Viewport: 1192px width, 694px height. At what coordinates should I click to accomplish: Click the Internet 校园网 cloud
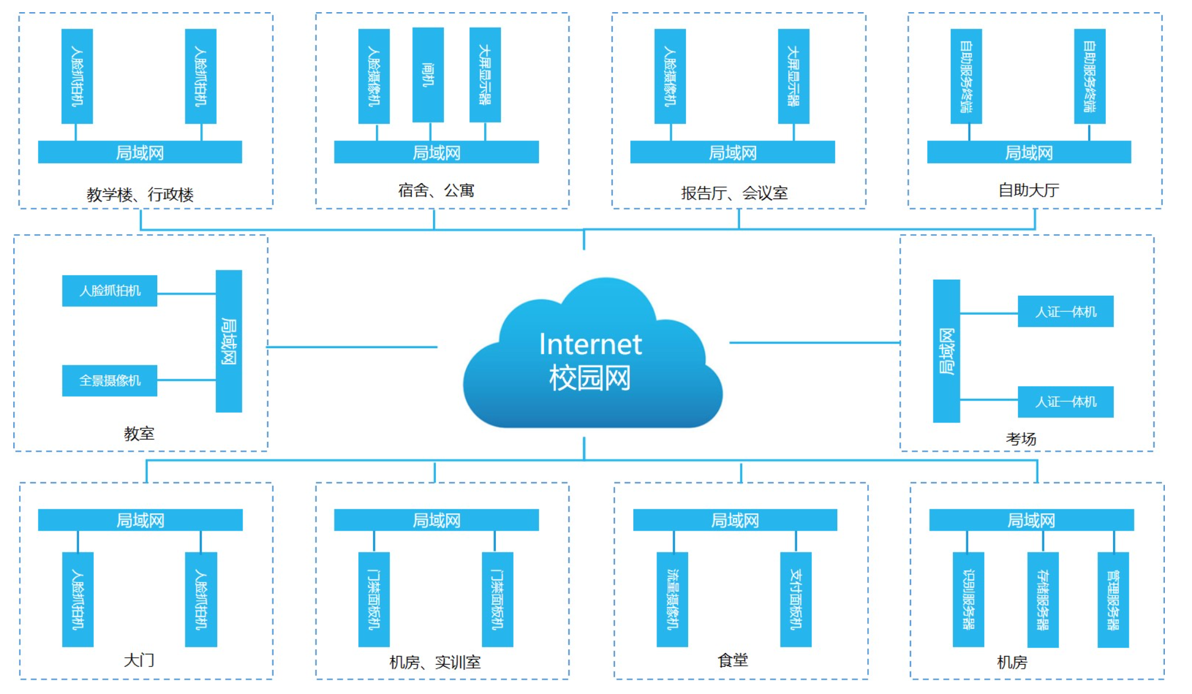pos(592,360)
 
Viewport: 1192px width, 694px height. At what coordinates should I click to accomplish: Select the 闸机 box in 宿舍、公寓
pos(428,75)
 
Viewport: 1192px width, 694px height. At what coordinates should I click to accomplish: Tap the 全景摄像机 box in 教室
pos(109,380)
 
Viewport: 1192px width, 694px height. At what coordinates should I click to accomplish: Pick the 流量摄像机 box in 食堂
pos(672,599)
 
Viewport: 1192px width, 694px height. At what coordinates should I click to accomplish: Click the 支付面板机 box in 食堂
pos(796,599)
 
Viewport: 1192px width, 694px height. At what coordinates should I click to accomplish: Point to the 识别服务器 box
pos(968,599)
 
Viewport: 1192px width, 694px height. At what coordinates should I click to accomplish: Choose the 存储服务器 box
pos(1043,600)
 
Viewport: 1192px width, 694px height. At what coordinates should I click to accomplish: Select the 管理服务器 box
pos(1113,600)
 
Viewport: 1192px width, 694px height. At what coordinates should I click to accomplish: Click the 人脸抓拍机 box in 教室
pos(109,291)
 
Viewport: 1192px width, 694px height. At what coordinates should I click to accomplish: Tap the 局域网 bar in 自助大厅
pos(1028,152)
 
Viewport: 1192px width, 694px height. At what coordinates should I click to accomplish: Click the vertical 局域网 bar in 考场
pos(946,351)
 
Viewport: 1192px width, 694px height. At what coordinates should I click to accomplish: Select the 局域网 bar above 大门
pos(140,520)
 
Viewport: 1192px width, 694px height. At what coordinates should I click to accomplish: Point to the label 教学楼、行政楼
pos(140,195)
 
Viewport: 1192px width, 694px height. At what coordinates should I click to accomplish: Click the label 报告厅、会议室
pos(734,193)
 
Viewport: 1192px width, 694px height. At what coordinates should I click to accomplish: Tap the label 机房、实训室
pos(435,662)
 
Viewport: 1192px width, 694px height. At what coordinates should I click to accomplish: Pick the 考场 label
pos(1021,439)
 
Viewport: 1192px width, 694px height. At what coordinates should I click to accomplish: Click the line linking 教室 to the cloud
pos(351,347)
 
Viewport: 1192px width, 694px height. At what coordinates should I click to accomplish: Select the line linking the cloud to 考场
pos(814,343)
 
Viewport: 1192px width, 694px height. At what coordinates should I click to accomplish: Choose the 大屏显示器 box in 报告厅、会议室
pos(794,76)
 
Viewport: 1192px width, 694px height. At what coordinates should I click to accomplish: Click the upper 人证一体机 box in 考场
pos(1065,311)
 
